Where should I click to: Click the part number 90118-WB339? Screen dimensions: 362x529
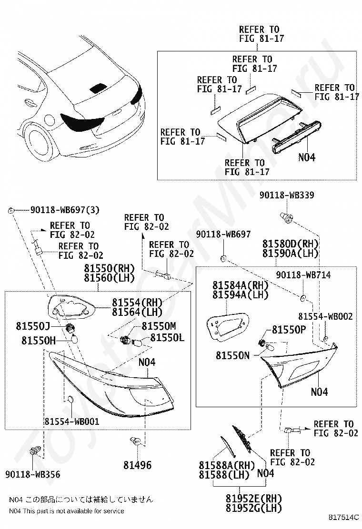(x=287, y=195)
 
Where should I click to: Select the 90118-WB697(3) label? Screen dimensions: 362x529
(x=65, y=210)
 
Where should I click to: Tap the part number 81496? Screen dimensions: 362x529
(x=138, y=465)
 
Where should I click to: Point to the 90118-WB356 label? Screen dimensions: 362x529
(x=33, y=474)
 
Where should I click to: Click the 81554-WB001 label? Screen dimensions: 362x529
(x=72, y=421)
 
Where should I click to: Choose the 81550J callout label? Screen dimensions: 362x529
(x=33, y=326)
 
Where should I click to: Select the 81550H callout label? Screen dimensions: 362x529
(x=39, y=341)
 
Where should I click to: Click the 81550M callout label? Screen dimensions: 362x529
(x=159, y=326)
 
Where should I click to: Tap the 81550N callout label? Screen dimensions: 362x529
(x=232, y=355)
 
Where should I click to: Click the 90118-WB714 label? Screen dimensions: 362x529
(x=303, y=275)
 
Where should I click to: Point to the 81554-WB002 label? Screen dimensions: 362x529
(x=325, y=316)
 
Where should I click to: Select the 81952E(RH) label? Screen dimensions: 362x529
(x=253, y=498)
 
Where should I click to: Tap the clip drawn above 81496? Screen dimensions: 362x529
(x=135, y=441)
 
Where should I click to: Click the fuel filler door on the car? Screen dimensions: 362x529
(x=50, y=119)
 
